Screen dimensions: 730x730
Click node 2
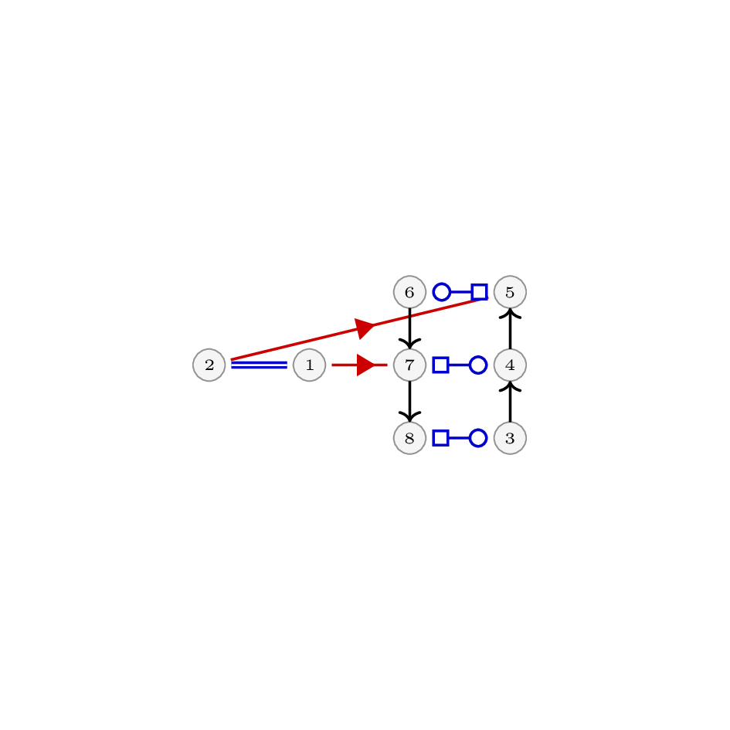(x=209, y=365)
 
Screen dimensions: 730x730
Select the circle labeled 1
(x=310, y=365)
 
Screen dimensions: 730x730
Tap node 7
(x=409, y=365)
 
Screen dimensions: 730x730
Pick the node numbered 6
(x=409, y=292)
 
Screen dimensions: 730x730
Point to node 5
(x=511, y=292)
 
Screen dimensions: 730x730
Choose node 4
(x=511, y=365)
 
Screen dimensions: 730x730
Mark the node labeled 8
(x=409, y=438)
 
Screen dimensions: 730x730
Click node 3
(x=511, y=438)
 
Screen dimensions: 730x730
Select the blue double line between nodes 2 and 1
(x=260, y=365)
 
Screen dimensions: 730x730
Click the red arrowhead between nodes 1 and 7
(x=365, y=365)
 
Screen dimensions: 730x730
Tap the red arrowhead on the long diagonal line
(x=364, y=328)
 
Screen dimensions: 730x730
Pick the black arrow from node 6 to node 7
(x=409, y=328)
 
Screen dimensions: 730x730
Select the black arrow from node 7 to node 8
(x=409, y=402)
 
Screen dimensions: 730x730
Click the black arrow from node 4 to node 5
(x=511, y=328)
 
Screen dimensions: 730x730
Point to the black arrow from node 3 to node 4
(x=511, y=402)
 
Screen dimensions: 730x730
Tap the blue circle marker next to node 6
(x=442, y=292)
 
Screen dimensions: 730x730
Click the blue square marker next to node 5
(x=479, y=292)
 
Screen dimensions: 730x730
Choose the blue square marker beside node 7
(x=441, y=365)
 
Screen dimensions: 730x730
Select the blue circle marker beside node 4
(x=478, y=365)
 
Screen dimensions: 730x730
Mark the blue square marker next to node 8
(x=441, y=438)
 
